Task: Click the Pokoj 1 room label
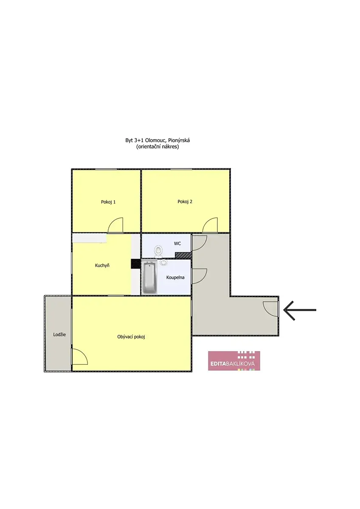point(108,202)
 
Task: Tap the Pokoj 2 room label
point(185,201)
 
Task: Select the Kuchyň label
point(102,265)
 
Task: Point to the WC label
point(177,243)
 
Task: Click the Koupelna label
point(175,277)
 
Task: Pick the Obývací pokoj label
point(131,337)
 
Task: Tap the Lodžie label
point(59,335)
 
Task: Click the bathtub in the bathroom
point(149,277)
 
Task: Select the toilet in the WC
point(158,252)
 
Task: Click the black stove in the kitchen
point(135,264)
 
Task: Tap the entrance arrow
point(300,310)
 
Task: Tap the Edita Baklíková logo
point(234,361)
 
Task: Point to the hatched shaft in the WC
point(183,255)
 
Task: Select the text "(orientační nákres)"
point(157,147)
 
